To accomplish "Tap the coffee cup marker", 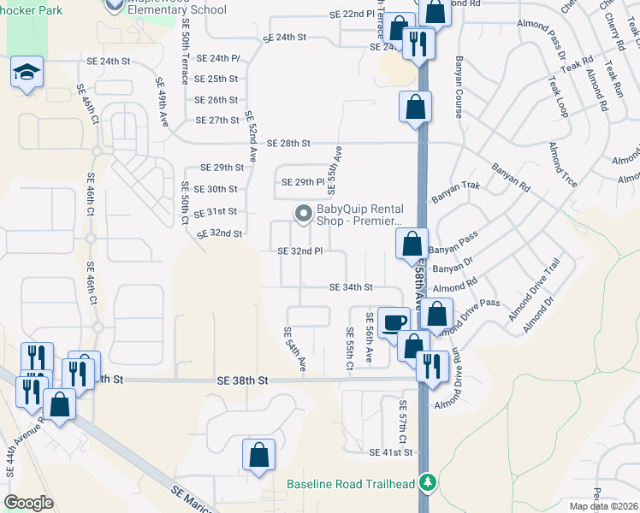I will tap(394, 322).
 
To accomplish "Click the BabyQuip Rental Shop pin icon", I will tap(302, 214).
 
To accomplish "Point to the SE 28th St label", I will tap(288, 143).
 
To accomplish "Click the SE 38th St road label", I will tap(243, 380).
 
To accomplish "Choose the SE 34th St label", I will tap(352, 288).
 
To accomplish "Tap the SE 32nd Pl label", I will tap(299, 251).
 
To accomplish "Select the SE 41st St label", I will tap(392, 451).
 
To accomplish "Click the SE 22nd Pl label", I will tap(352, 15).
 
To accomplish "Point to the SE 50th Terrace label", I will tap(185, 59).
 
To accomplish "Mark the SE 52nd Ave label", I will tap(251, 137).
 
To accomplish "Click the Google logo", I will tap(28, 503).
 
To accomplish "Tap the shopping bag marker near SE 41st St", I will tap(258, 456).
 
